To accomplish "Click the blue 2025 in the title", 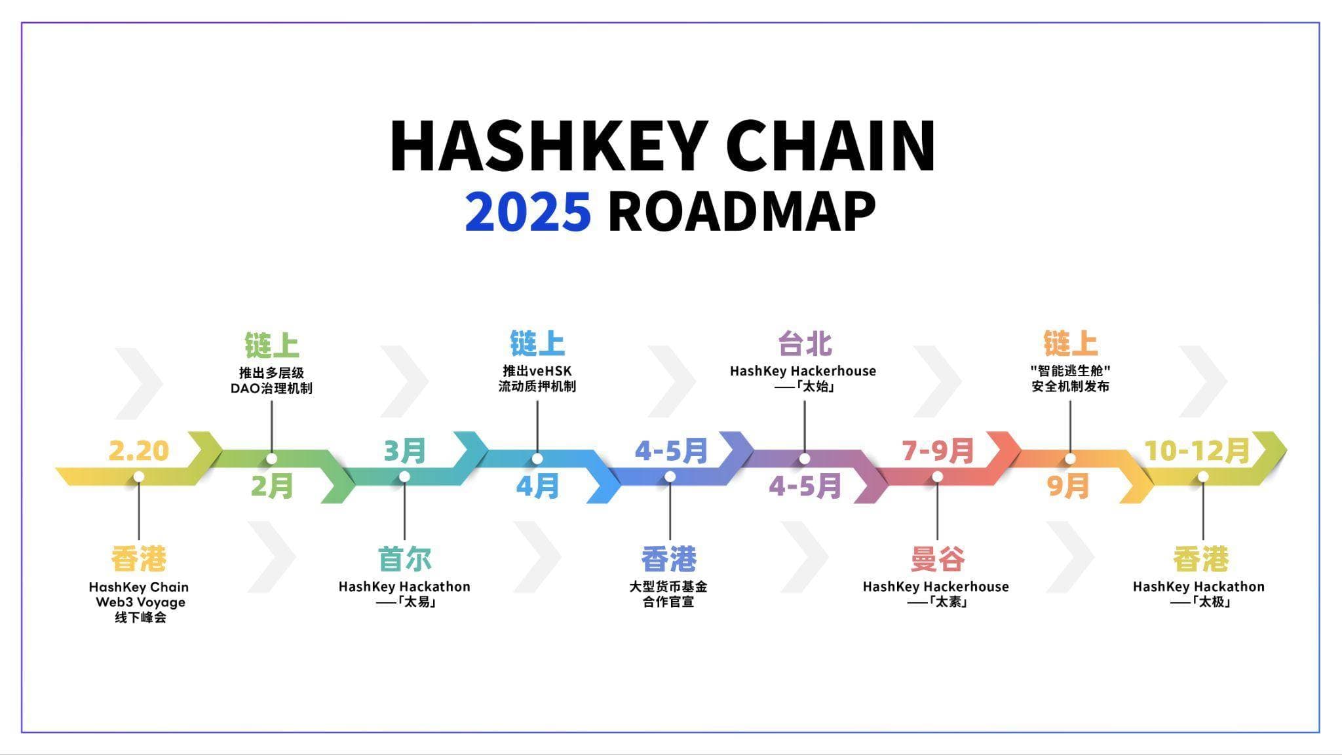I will pyautogui.click(x=528, y=212).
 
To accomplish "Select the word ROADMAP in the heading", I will pyautogui.click(x=742, y=212).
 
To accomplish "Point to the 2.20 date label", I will pyautogui.click(x=139, y=451).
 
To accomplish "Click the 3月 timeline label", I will pyautogui.click(x=405, y=451).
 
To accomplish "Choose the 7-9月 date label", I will pyautogui.click(x=938, y=451).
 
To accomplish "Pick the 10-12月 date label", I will pyautogui.click(x=1197, y=451).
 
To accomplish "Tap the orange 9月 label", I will pyautogui.click(x=1068, y=486).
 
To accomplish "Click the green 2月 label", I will pyautogui.click(x=272, y=487).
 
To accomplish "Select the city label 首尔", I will pyautogui.click(x=405, y=559).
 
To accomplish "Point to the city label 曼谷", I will pyautogui.click(x=938, y=559).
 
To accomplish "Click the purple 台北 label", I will pyautogui.click(x=805, y=343).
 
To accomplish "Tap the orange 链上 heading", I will pyautogui.click(x=1070, y=343).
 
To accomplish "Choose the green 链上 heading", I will pyautogui.click(x=272, y=345).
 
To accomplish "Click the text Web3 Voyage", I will pyautogui.click(x=140, y=602).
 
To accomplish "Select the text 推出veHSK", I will pyautogui.click(x=537, y=371).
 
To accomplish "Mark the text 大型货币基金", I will pyautogui.click(x=668, y=587).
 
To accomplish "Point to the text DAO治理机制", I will pyautogui.click(x=271, y=388).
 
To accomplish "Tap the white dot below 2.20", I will pyautogui.click(x=139, y=476).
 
